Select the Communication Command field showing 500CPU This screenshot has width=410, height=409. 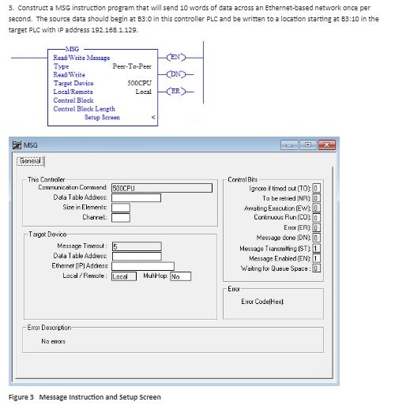tap(162, 188)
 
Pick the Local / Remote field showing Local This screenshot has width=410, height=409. tap(121, 276)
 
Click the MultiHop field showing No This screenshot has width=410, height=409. tap(179, 276)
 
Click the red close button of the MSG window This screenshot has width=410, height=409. tap(325, 144)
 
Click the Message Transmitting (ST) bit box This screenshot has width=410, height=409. tap(316, 249)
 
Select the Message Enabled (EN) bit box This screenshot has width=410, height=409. tap(316, 258)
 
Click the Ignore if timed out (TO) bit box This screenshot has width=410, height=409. tap(316, 188)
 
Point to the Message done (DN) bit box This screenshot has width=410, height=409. tap(316, 238)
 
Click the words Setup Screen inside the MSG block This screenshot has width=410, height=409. tap(102, 117)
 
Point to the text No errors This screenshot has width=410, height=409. tap(55, 341)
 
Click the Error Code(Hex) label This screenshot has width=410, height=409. tap(261, 302)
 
